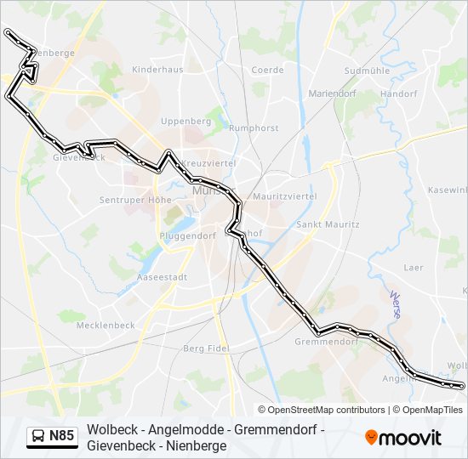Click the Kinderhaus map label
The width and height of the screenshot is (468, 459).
[x=157, y=69]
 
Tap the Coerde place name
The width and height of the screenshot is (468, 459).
[x=267, y=70]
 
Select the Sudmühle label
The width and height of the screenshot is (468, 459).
[x=366, y=71]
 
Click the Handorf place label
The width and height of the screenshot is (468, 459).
[x=398, y=93]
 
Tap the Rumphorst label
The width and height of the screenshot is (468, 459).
[x=254, y=128]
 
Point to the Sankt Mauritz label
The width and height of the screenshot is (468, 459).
[x=327, y=224]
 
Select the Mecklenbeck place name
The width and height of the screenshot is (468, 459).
[x=106, y=325]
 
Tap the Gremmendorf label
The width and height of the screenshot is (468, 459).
[x=325, y=341]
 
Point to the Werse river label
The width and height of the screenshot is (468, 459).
[x=395, y=304]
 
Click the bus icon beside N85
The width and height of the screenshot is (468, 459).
[x=38, y=437]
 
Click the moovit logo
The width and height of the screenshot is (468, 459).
[x=403, y=438]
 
